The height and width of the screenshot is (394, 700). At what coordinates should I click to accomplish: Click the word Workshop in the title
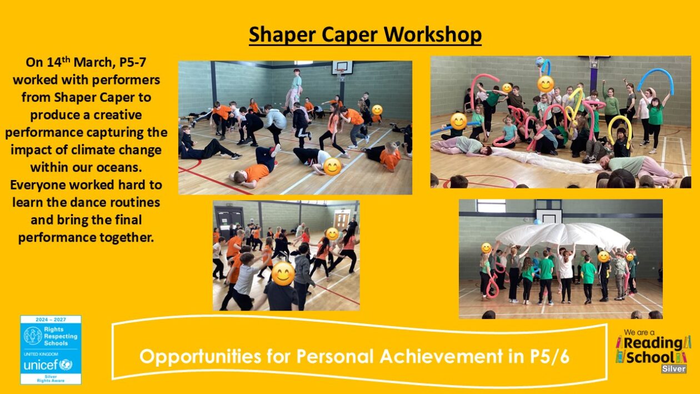click(433, 34)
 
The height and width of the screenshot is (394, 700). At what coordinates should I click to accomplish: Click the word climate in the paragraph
click(90, 150)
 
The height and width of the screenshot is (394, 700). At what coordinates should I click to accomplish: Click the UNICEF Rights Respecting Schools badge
click(51, 350)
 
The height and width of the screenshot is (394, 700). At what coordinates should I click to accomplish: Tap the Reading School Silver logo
click(653, 351)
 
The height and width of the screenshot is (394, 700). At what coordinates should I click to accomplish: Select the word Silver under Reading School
click(673, 369)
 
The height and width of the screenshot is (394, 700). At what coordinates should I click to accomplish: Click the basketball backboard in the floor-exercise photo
click(342, 68)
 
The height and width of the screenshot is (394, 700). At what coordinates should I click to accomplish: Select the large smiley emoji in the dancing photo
click(283, 274)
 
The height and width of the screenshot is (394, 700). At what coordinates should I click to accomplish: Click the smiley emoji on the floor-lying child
click(332, 167)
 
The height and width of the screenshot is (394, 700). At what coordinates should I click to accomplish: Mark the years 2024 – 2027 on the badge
click(51, 320)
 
